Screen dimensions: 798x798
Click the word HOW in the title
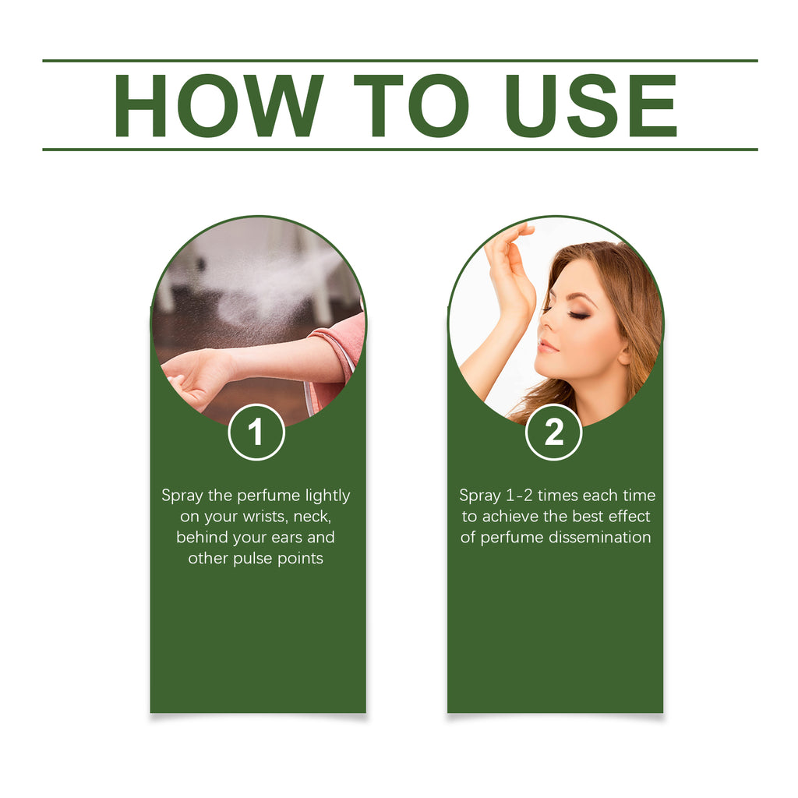click(219, 105)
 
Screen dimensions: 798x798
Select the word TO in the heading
click(411, 105)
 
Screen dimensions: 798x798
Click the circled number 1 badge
click(256, 432)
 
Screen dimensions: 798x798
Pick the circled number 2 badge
click(554, 432)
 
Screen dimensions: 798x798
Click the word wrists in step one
click(266, 517)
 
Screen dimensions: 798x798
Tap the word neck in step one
click(312, 517)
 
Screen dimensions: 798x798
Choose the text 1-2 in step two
click(519, 496)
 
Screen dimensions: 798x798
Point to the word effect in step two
click(629, 517)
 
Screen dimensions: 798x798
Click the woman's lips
click(547, 347)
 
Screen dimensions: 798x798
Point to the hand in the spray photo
click(193, 378)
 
